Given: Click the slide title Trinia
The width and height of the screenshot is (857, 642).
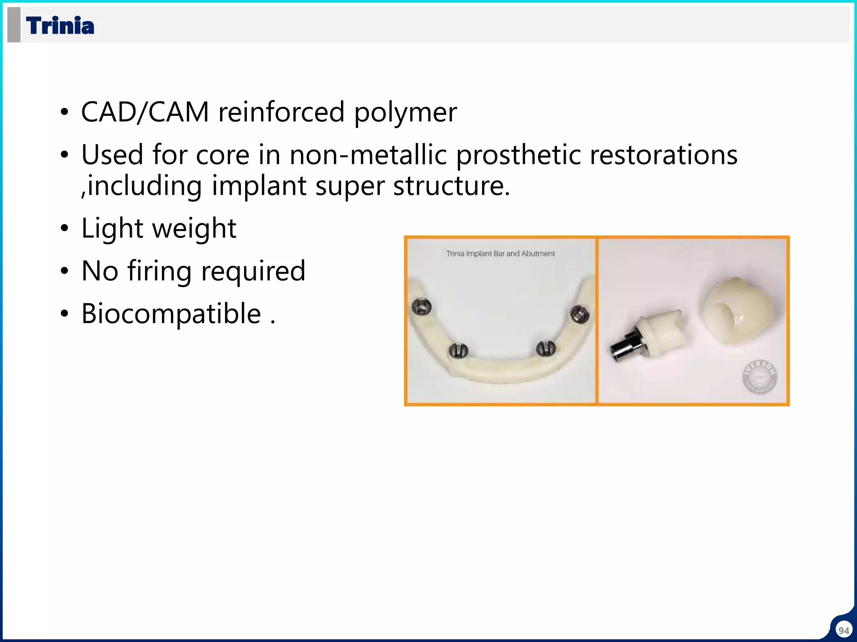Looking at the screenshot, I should [60, 25].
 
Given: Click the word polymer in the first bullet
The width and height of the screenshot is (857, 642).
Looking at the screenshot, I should [405, 112].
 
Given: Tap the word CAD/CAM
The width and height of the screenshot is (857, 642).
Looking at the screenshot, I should [145, 112].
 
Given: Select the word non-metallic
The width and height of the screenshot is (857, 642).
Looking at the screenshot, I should [368, 155].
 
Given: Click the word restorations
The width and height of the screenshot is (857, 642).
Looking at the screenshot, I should [664, 155].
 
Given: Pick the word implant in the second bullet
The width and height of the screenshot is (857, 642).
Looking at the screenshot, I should [258, 186].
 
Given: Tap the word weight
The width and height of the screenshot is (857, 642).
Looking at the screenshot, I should [194, 229].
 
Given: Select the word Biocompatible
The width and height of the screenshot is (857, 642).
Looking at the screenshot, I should [171, 314].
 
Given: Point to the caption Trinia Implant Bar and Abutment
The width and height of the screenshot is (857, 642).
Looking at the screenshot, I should [500, 254].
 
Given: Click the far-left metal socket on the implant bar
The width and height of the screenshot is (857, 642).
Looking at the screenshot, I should [421, 308].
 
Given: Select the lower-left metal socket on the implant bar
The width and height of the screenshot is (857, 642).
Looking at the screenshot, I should [458, 350].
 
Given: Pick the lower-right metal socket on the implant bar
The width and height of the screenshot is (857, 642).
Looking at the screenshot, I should [546, 348].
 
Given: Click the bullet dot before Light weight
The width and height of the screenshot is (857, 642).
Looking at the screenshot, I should [64, 229].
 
